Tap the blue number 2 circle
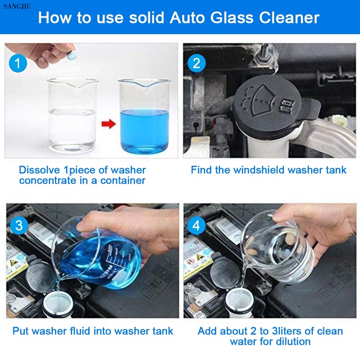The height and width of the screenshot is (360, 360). pos(196,63)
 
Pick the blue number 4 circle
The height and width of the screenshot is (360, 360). pos(196,225)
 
